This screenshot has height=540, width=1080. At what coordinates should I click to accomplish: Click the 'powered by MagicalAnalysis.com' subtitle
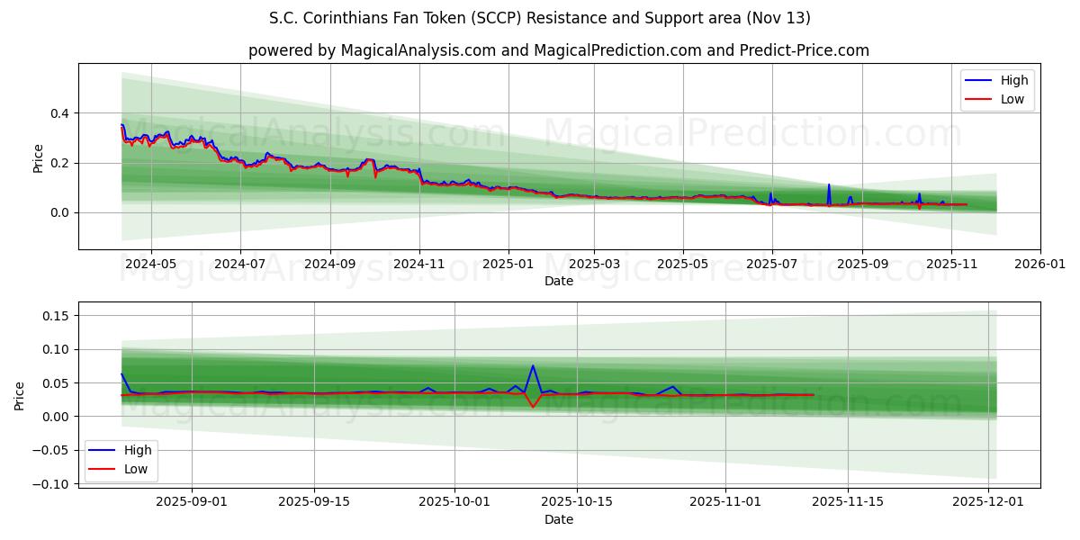[x=559, y=50]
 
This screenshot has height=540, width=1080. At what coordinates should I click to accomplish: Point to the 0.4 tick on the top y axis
[x=59, y=113]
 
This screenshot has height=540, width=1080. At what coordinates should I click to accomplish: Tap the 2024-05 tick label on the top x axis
[x=150, y=265]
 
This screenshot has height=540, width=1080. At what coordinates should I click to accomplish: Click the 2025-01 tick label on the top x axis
[x=508, y=265]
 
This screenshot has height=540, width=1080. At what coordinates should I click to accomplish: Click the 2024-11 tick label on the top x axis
[x=419, y=265]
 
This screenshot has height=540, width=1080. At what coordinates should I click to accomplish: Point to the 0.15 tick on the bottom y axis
[x=56, y=316]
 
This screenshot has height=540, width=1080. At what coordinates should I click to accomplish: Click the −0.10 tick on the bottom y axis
[x=51, y=484]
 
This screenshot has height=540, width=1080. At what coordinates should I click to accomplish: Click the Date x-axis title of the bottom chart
[x=559, y=520]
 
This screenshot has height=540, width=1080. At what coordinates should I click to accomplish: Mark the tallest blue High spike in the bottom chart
[x=533, y=366]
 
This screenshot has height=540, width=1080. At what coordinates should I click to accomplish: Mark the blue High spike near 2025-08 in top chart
[x=829, y=185]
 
